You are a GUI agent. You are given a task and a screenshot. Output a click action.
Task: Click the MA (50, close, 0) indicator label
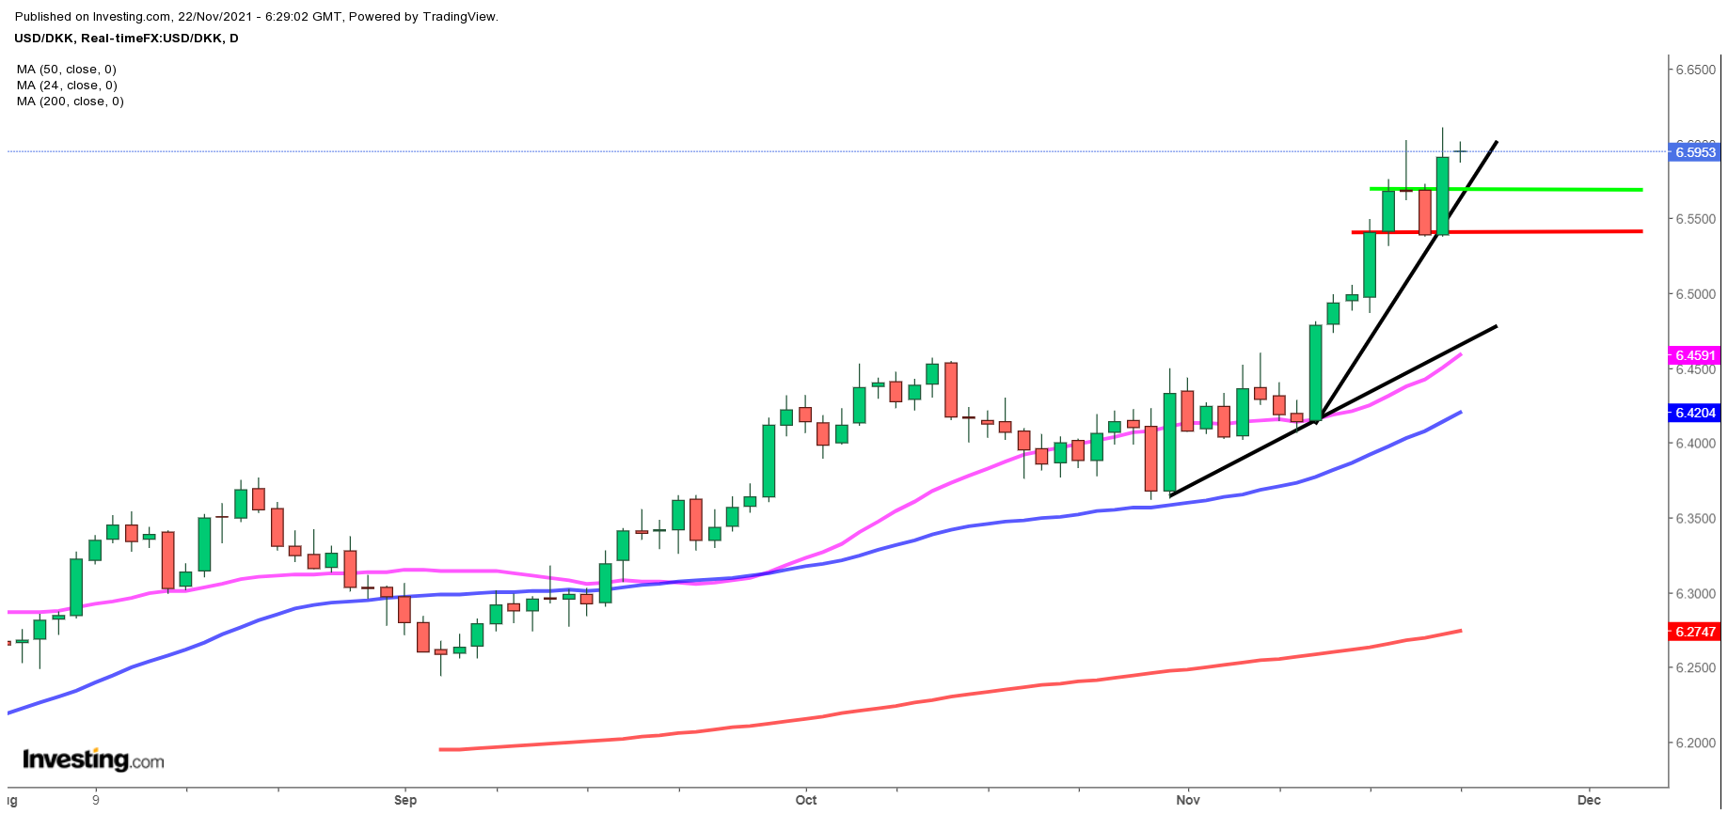click(66, 70)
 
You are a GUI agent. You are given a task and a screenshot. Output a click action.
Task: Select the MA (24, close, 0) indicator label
click(66, 86)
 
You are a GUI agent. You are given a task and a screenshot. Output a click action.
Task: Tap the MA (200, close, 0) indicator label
click(70, 102)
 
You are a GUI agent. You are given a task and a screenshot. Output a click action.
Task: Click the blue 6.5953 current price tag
click(1695, 152)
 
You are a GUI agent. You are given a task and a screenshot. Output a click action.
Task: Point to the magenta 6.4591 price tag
click(1695, 355)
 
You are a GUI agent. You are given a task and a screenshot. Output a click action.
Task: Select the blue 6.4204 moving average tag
click(1695, 413)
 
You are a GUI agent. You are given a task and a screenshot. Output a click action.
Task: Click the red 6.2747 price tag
click(1695, 632)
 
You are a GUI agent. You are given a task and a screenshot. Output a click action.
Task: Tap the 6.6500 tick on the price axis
click(1695, 70)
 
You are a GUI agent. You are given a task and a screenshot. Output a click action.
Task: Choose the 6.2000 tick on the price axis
click(1695, 743)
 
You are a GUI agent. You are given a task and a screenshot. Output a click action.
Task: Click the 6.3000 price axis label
click(1695, 593)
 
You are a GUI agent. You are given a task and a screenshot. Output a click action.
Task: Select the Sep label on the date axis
click(405, 800)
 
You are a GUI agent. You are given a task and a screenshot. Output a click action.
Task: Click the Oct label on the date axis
click(806, 800)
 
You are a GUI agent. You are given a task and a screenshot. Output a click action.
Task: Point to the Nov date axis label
click(1188, 800)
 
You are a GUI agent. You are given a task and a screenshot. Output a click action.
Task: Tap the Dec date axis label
click(1589, 800)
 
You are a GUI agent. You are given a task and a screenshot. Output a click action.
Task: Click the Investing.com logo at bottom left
click(93, 759)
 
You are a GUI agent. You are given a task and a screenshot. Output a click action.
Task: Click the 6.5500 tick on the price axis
click(1695, 219)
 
